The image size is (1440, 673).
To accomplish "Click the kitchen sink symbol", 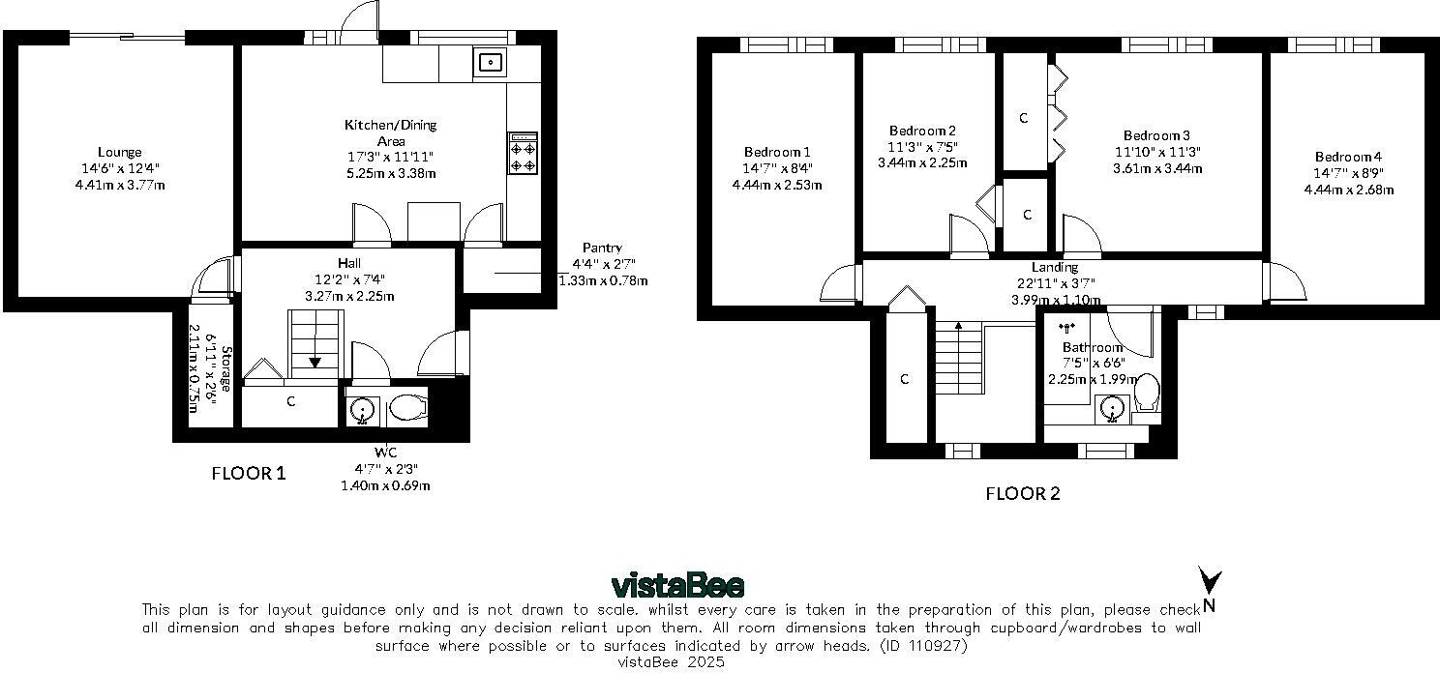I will [491, 64].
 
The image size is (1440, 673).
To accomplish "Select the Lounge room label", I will [119, 152].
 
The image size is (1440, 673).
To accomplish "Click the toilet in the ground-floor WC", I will [407, 409].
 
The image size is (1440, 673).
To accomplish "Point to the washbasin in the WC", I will [363, 410].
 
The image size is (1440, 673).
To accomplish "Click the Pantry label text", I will [602, 249].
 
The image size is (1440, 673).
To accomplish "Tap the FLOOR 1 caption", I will [249, 473].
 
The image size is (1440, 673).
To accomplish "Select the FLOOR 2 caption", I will [1023, 493].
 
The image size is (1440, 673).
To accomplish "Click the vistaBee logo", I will [677, 586].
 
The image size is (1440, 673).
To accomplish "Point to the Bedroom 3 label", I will [1156, 135].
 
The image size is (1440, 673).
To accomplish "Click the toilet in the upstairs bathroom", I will [1147, 393].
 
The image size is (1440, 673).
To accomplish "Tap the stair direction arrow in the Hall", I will [315, 362].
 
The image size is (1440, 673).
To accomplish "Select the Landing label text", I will [1054, 268].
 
